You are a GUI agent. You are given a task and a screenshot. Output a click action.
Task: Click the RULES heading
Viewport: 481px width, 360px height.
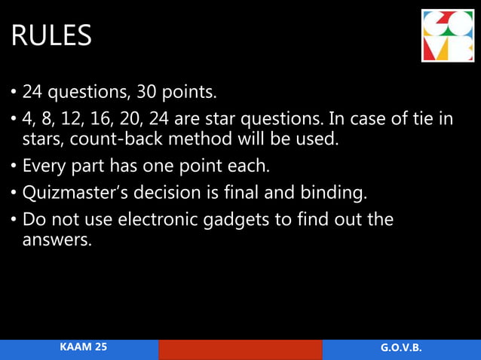click(51, 35)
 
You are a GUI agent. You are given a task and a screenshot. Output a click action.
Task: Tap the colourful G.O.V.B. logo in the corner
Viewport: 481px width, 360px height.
click(449, 36)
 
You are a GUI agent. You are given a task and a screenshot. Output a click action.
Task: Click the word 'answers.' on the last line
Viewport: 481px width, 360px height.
click(55, 241)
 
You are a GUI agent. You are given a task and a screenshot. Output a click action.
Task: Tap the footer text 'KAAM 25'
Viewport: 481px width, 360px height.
click(84, 347)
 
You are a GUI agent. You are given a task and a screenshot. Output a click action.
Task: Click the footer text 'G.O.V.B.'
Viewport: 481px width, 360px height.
click(401, 348)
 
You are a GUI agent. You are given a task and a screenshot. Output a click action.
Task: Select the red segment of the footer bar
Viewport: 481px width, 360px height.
click(240, 349)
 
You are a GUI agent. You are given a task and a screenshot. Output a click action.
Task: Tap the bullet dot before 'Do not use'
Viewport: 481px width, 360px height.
click(14, 221)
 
